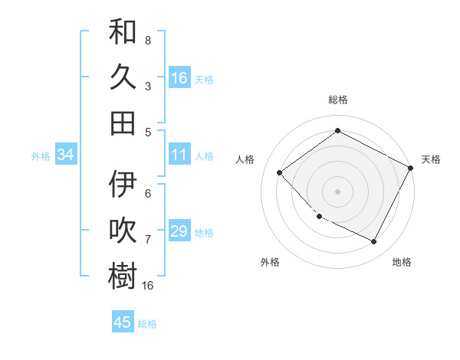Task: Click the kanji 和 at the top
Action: [x=123, y=34]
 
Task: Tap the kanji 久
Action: [x=123, y=77]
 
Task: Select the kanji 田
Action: [x=123, y=123]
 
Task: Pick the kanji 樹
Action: [x=123, y=276]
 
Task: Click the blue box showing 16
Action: [x=179, y=77]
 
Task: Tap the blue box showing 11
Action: [x=179, y=155]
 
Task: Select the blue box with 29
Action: [x=179, y=231]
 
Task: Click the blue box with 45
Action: [x=123, y=322]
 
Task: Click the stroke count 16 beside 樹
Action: [x=148, y=285]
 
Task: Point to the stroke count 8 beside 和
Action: [x=148, y=40]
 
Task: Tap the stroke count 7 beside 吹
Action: [x=148, y=240]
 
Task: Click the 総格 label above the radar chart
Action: [x=338, y=100]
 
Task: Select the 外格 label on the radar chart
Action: [x=270, y=262]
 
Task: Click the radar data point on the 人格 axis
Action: [x=280, y=172]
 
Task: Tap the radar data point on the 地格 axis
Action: [x=373, y=241]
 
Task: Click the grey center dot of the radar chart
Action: [x=337, y=191]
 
